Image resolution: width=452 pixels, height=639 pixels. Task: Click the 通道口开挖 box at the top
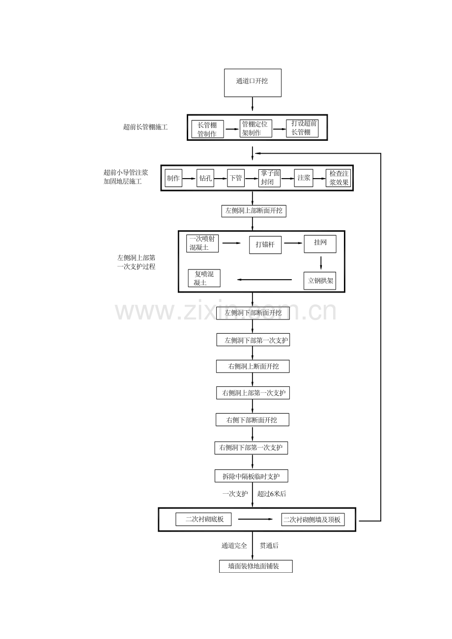tap(253, 83)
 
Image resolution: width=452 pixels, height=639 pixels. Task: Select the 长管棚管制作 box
tap(207, 129)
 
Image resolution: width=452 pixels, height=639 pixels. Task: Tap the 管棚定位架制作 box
tap(255, 129)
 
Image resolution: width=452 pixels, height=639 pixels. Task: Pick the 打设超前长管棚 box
tap(302, 128)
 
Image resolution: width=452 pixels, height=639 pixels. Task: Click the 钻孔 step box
tap(205, 178)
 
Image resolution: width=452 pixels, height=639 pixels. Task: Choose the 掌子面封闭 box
tap(269, 178)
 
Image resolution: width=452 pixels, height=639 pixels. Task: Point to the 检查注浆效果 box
tap(339, 178)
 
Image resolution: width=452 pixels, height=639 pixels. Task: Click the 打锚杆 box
tap(265, 245)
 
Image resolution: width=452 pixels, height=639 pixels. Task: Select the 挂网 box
tap(320, 244)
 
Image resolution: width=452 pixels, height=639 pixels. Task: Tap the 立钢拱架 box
tap(320, 281)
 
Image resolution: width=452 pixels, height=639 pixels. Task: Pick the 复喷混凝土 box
tap(204, 278)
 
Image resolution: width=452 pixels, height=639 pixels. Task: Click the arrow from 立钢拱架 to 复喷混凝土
tap(264, 280)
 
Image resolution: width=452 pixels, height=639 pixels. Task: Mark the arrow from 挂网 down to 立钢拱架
tap(321, 263)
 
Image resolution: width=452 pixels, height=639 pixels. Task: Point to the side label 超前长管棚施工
tap(145, 127)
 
